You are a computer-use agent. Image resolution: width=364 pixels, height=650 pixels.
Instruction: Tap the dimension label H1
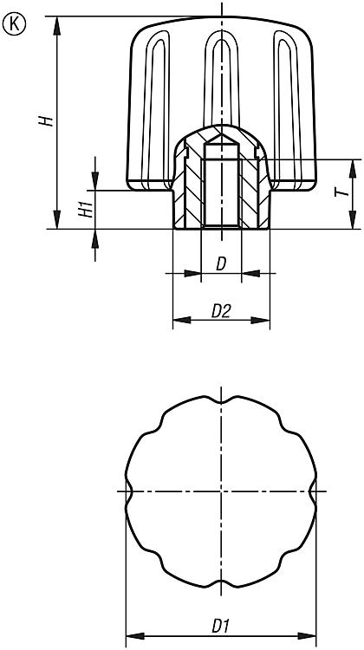tap(86, 211)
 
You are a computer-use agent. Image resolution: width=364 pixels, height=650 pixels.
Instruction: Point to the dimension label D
tap(221, 264)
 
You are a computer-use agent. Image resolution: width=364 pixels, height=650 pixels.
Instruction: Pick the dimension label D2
tap(220, 311)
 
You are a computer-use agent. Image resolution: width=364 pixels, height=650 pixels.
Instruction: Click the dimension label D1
tap(220, 627)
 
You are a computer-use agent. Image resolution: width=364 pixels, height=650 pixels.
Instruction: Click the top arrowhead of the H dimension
tap(57, 26)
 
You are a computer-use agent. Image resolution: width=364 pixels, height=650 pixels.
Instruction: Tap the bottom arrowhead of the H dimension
tap(57, 219)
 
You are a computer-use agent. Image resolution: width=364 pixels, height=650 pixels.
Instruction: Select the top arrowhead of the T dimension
tap(353, 169)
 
